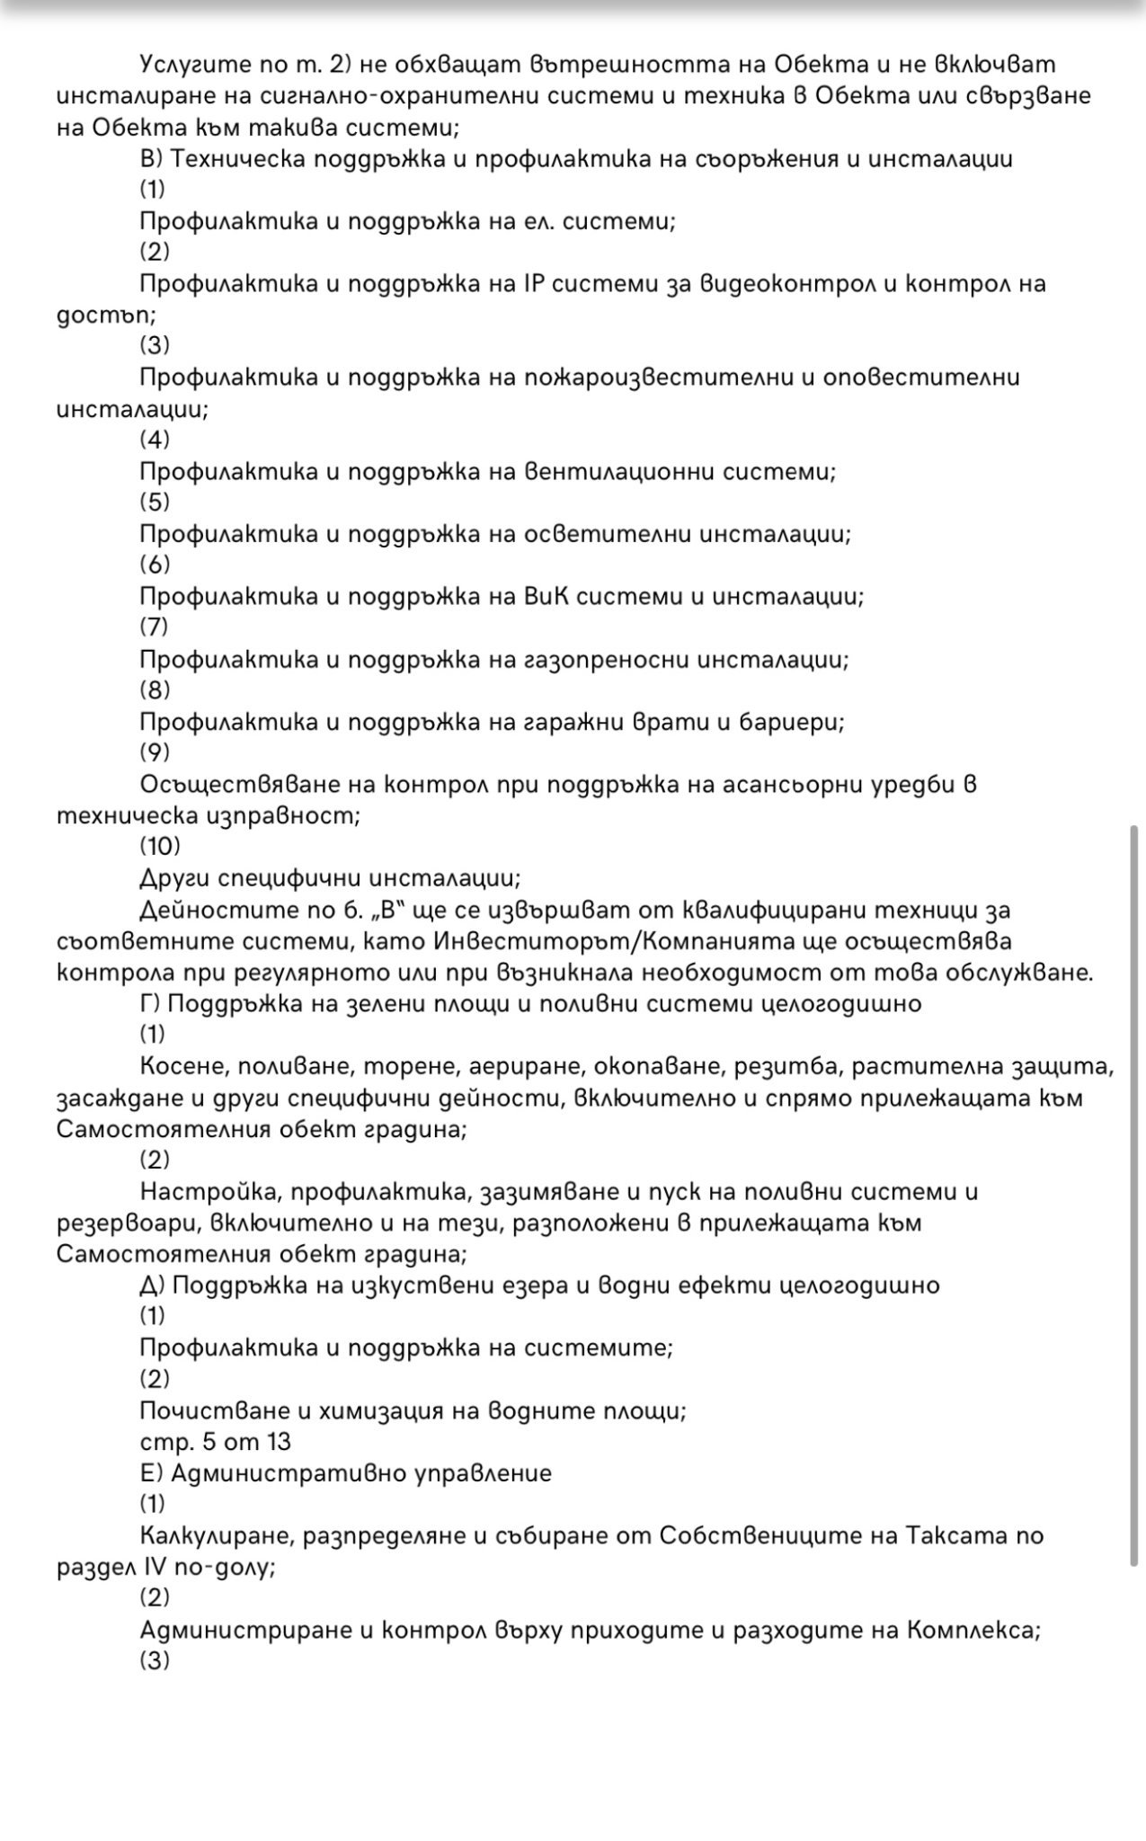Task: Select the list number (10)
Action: click(160, 846)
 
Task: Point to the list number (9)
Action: click(155, 752)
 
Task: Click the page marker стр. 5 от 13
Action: click(216, 1442)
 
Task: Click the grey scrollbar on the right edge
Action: click(1133, 1196)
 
